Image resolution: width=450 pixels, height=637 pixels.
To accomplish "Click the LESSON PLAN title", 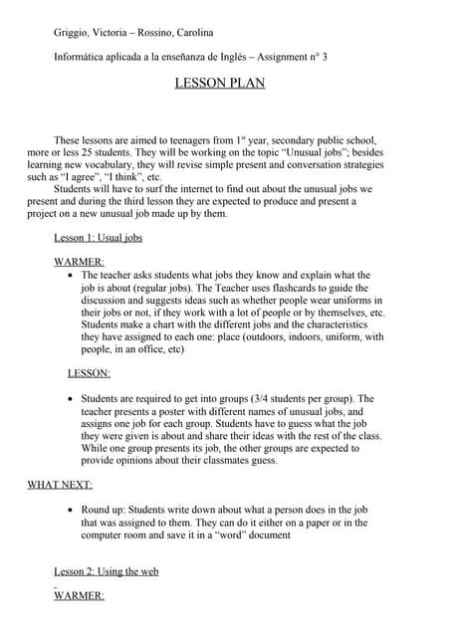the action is pos(219,84).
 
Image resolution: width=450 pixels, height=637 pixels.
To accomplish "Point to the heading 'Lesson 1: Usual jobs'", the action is pos(98,239).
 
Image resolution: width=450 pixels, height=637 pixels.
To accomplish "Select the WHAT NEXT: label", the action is pos(60,485).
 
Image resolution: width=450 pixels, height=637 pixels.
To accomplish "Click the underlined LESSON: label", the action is pos(89,373).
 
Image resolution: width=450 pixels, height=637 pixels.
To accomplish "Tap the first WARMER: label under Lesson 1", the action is pos(79,261).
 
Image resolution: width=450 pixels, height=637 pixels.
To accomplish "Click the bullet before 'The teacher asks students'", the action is pos(69,275).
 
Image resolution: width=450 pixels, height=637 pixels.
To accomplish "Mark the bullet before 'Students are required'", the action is pos(69,399).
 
